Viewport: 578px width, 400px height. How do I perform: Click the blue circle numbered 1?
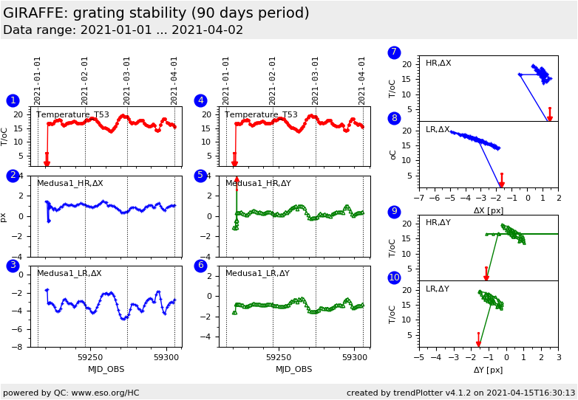13,100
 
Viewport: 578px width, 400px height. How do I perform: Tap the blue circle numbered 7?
394,52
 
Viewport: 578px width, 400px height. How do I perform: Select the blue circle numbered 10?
394,277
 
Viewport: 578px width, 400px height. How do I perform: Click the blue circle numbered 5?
200,176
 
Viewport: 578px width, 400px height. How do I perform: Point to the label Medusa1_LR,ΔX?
69,273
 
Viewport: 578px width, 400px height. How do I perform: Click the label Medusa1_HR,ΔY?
258,183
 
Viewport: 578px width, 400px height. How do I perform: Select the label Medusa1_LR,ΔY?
258,273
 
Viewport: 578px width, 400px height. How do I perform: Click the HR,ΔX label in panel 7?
438,63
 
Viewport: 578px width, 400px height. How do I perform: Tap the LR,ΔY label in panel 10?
438,289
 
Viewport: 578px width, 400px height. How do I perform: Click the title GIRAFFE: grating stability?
156,13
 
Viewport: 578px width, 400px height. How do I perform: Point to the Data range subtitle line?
123,30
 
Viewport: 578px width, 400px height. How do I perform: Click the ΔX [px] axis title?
488,210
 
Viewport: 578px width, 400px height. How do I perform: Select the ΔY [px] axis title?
488,370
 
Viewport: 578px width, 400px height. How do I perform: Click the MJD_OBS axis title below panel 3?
106,369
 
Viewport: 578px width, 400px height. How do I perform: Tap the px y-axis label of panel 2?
4,217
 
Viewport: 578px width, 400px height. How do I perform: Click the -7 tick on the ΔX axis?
418,199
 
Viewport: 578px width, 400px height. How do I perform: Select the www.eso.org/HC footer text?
106,393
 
